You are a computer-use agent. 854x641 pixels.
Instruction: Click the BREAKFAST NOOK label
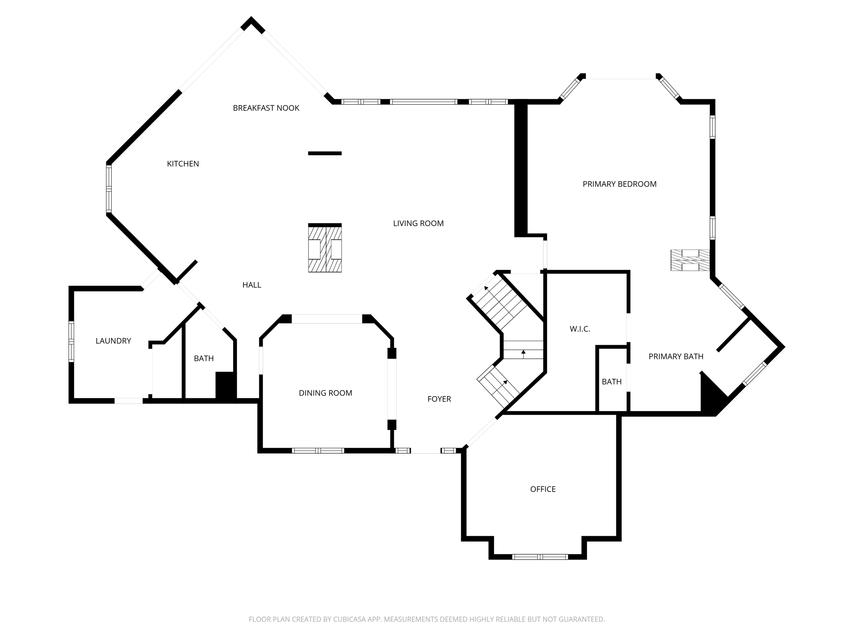tap(266, 108)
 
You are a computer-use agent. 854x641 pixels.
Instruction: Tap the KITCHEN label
tap(183, 164)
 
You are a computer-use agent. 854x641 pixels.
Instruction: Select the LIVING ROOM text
tap(418, 224)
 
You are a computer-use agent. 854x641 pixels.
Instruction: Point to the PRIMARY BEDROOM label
tap(619, 184)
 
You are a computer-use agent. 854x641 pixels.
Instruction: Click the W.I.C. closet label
tap(580, 329)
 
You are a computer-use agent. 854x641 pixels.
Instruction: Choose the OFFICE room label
tap(543, 489)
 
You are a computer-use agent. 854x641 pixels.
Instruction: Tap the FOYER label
tap(439, 399)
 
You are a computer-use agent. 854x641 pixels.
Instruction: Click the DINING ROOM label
tap(325, 393)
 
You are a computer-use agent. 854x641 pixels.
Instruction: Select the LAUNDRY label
tap(113, 341)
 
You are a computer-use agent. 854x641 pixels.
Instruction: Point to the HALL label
tap(251, 285)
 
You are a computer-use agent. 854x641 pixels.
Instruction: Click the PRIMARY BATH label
tap(676, 356)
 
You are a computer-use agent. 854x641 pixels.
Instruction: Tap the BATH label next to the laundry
tap(203, 358)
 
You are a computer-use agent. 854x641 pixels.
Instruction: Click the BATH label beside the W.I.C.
tap(611, 382)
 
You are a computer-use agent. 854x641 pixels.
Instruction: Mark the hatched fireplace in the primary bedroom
tap(690, 260)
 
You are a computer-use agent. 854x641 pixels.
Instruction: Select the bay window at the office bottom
tap(540, 557)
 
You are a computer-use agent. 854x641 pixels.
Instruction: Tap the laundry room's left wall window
tap(71, 341)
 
